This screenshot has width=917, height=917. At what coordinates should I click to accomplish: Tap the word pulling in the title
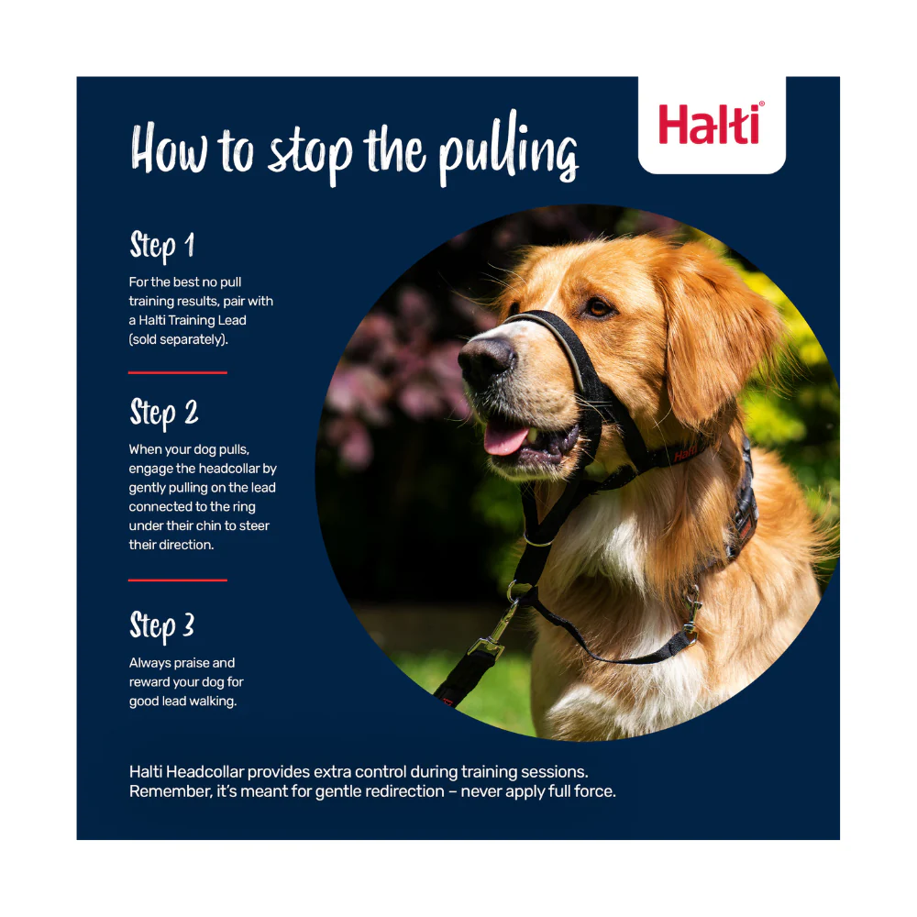click(x=509, y=149)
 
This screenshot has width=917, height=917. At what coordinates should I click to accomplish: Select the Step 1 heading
click(x=162, y=246)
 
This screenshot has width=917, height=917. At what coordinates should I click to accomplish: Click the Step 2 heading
click(x=164, y=414)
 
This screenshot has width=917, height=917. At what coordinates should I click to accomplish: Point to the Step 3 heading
click(x=162, y=627)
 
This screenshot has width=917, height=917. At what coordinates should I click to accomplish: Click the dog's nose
click(x=487, y=358)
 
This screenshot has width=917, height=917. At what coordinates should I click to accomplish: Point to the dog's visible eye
click(x=599, y=307)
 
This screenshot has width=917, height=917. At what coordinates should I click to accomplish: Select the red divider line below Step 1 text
click(x=178, y=372)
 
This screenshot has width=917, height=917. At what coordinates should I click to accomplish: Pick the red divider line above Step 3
click(x=178, y=580)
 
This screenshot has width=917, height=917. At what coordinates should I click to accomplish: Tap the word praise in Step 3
click(x=192, y=663)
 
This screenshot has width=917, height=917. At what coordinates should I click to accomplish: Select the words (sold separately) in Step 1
click(x=179, y=340)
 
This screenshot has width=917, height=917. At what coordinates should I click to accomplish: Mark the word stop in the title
click(x=311, y=153)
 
